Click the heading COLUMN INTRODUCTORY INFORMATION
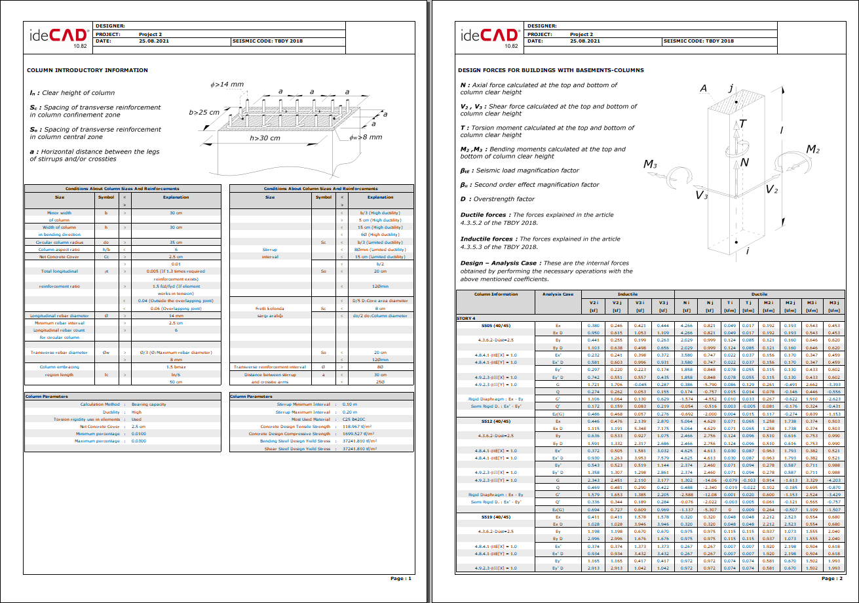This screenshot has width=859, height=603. [87, 70]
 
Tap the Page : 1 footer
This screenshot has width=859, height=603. [400, 579]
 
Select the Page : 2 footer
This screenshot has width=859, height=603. [831, 579]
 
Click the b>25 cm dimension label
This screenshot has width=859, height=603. [204, 112]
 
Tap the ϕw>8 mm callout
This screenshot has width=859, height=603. [366, 137]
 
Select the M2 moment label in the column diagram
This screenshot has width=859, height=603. [813, 150]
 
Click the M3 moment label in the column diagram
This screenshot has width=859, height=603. [650, 164]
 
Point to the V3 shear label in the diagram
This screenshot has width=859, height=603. [701, 195]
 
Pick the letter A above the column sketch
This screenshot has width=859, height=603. [703, 88]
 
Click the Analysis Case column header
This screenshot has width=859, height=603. [558, 294]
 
